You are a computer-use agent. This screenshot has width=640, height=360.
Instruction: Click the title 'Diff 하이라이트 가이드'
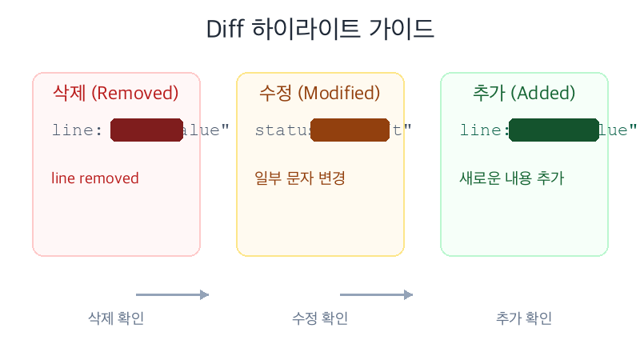320,29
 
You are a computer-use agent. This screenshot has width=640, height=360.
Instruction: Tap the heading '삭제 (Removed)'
116,93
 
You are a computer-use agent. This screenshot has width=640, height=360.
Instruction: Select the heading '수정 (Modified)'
320,93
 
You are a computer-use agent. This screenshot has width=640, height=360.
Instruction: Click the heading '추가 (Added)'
524,93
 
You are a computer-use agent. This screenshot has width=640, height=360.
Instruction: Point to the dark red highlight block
147,130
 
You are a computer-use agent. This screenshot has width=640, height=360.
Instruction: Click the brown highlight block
349,130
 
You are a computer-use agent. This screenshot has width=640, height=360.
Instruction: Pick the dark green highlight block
554,130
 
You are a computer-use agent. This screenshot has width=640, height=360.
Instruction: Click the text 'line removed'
94,178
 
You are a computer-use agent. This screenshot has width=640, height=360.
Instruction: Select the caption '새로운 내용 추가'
512,178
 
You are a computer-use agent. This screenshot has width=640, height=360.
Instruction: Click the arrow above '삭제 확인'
172,294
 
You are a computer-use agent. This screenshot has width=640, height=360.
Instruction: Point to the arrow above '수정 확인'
376,294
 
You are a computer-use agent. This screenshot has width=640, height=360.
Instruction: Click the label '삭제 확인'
116,318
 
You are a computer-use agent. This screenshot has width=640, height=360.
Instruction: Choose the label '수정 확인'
320,318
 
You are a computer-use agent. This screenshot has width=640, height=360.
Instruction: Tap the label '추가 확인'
524,318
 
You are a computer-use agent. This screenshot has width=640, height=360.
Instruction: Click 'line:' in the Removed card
78,130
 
